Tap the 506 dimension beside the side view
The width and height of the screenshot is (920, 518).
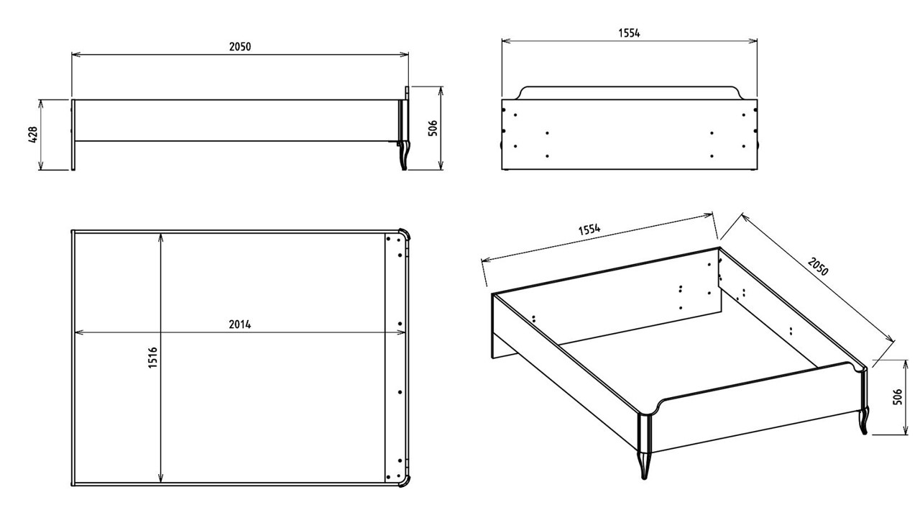click(431, 129)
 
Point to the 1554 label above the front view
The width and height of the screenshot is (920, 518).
click(629, 33)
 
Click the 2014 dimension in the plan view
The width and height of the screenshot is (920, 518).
click(240, 324)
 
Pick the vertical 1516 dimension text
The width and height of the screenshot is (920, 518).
click(152, 358)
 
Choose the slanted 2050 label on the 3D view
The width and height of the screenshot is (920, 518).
click(818, 267)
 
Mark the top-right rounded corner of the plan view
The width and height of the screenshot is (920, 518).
click(404, 235)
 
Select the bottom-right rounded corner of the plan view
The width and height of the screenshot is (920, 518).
click(404, 481)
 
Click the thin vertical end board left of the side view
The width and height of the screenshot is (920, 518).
click(73, 135)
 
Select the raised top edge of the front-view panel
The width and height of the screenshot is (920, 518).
click(629, 88)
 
